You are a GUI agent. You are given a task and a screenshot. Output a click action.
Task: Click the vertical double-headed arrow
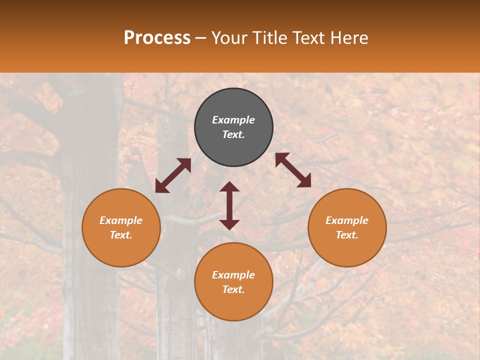[x=229, y=205]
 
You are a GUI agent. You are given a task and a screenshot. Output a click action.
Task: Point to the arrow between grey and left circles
[x=173, y=175]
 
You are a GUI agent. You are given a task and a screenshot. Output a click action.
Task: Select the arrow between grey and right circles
[x=293, y=170]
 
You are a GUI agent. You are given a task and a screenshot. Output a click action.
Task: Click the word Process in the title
[x=157, y=38]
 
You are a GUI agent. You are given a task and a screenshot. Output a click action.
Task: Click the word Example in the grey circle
[x=233, y=120]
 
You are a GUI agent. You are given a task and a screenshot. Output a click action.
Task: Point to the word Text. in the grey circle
[x=233, y=134]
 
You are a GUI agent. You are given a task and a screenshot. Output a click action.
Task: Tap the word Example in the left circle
[x=121, y=220]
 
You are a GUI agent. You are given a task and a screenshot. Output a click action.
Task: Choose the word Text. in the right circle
[x=347, y=235]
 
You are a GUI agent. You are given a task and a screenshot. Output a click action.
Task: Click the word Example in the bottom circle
[x=233, y=275]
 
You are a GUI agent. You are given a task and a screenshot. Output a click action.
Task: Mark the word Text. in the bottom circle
[x=233, y=289]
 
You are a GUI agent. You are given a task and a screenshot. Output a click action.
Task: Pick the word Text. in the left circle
[x=121, y=235]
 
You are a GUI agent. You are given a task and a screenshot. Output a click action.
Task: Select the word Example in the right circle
[x=347, y=220]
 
